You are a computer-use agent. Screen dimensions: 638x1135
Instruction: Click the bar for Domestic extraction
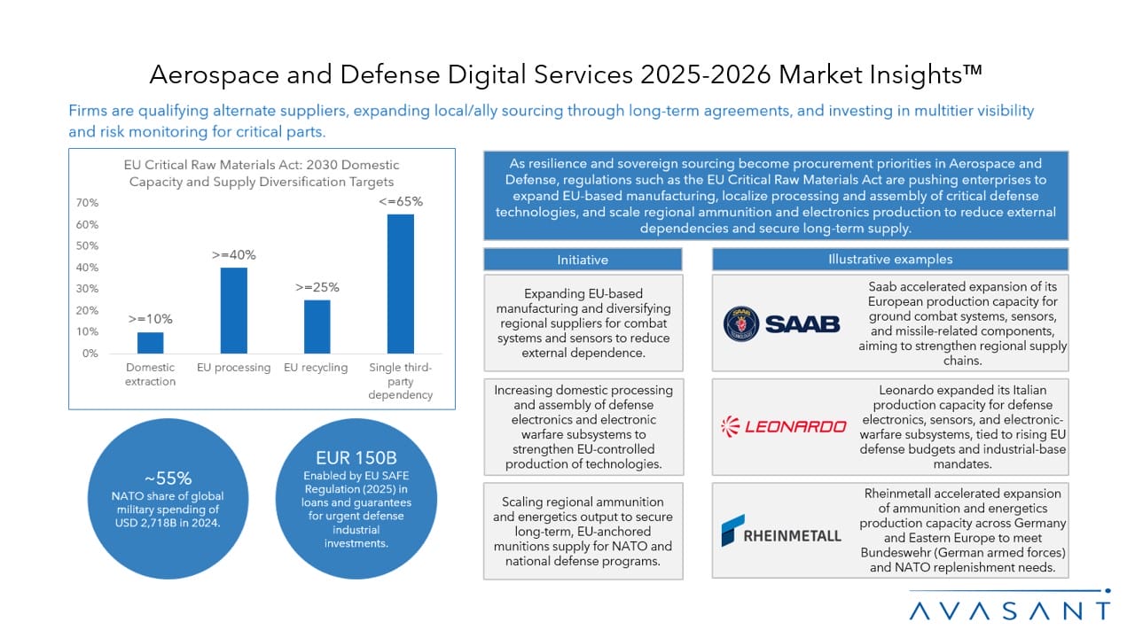(151, 343)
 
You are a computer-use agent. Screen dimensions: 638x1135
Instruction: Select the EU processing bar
(234, 310)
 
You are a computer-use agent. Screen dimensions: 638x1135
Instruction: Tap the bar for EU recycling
(317, 326)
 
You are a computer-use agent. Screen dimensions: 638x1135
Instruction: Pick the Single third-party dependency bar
(401, 284)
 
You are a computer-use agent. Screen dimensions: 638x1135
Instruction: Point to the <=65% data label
(401, 201)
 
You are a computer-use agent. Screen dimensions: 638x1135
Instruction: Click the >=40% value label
(234, 255)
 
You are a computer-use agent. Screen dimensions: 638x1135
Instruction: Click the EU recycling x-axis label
(316, 368)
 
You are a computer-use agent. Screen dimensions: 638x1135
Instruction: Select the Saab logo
(781, 323)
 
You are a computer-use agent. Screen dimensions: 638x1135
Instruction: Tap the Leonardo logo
(783, 426)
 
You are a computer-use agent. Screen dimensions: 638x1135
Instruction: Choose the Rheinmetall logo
(781, 531)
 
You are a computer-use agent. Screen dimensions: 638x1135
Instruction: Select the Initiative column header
(583, 260)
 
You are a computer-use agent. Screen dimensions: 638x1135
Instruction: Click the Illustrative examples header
(889, 260)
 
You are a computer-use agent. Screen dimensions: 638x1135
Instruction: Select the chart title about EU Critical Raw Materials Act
(262, 173)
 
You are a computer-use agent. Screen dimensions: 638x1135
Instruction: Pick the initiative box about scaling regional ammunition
(583, 531)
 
